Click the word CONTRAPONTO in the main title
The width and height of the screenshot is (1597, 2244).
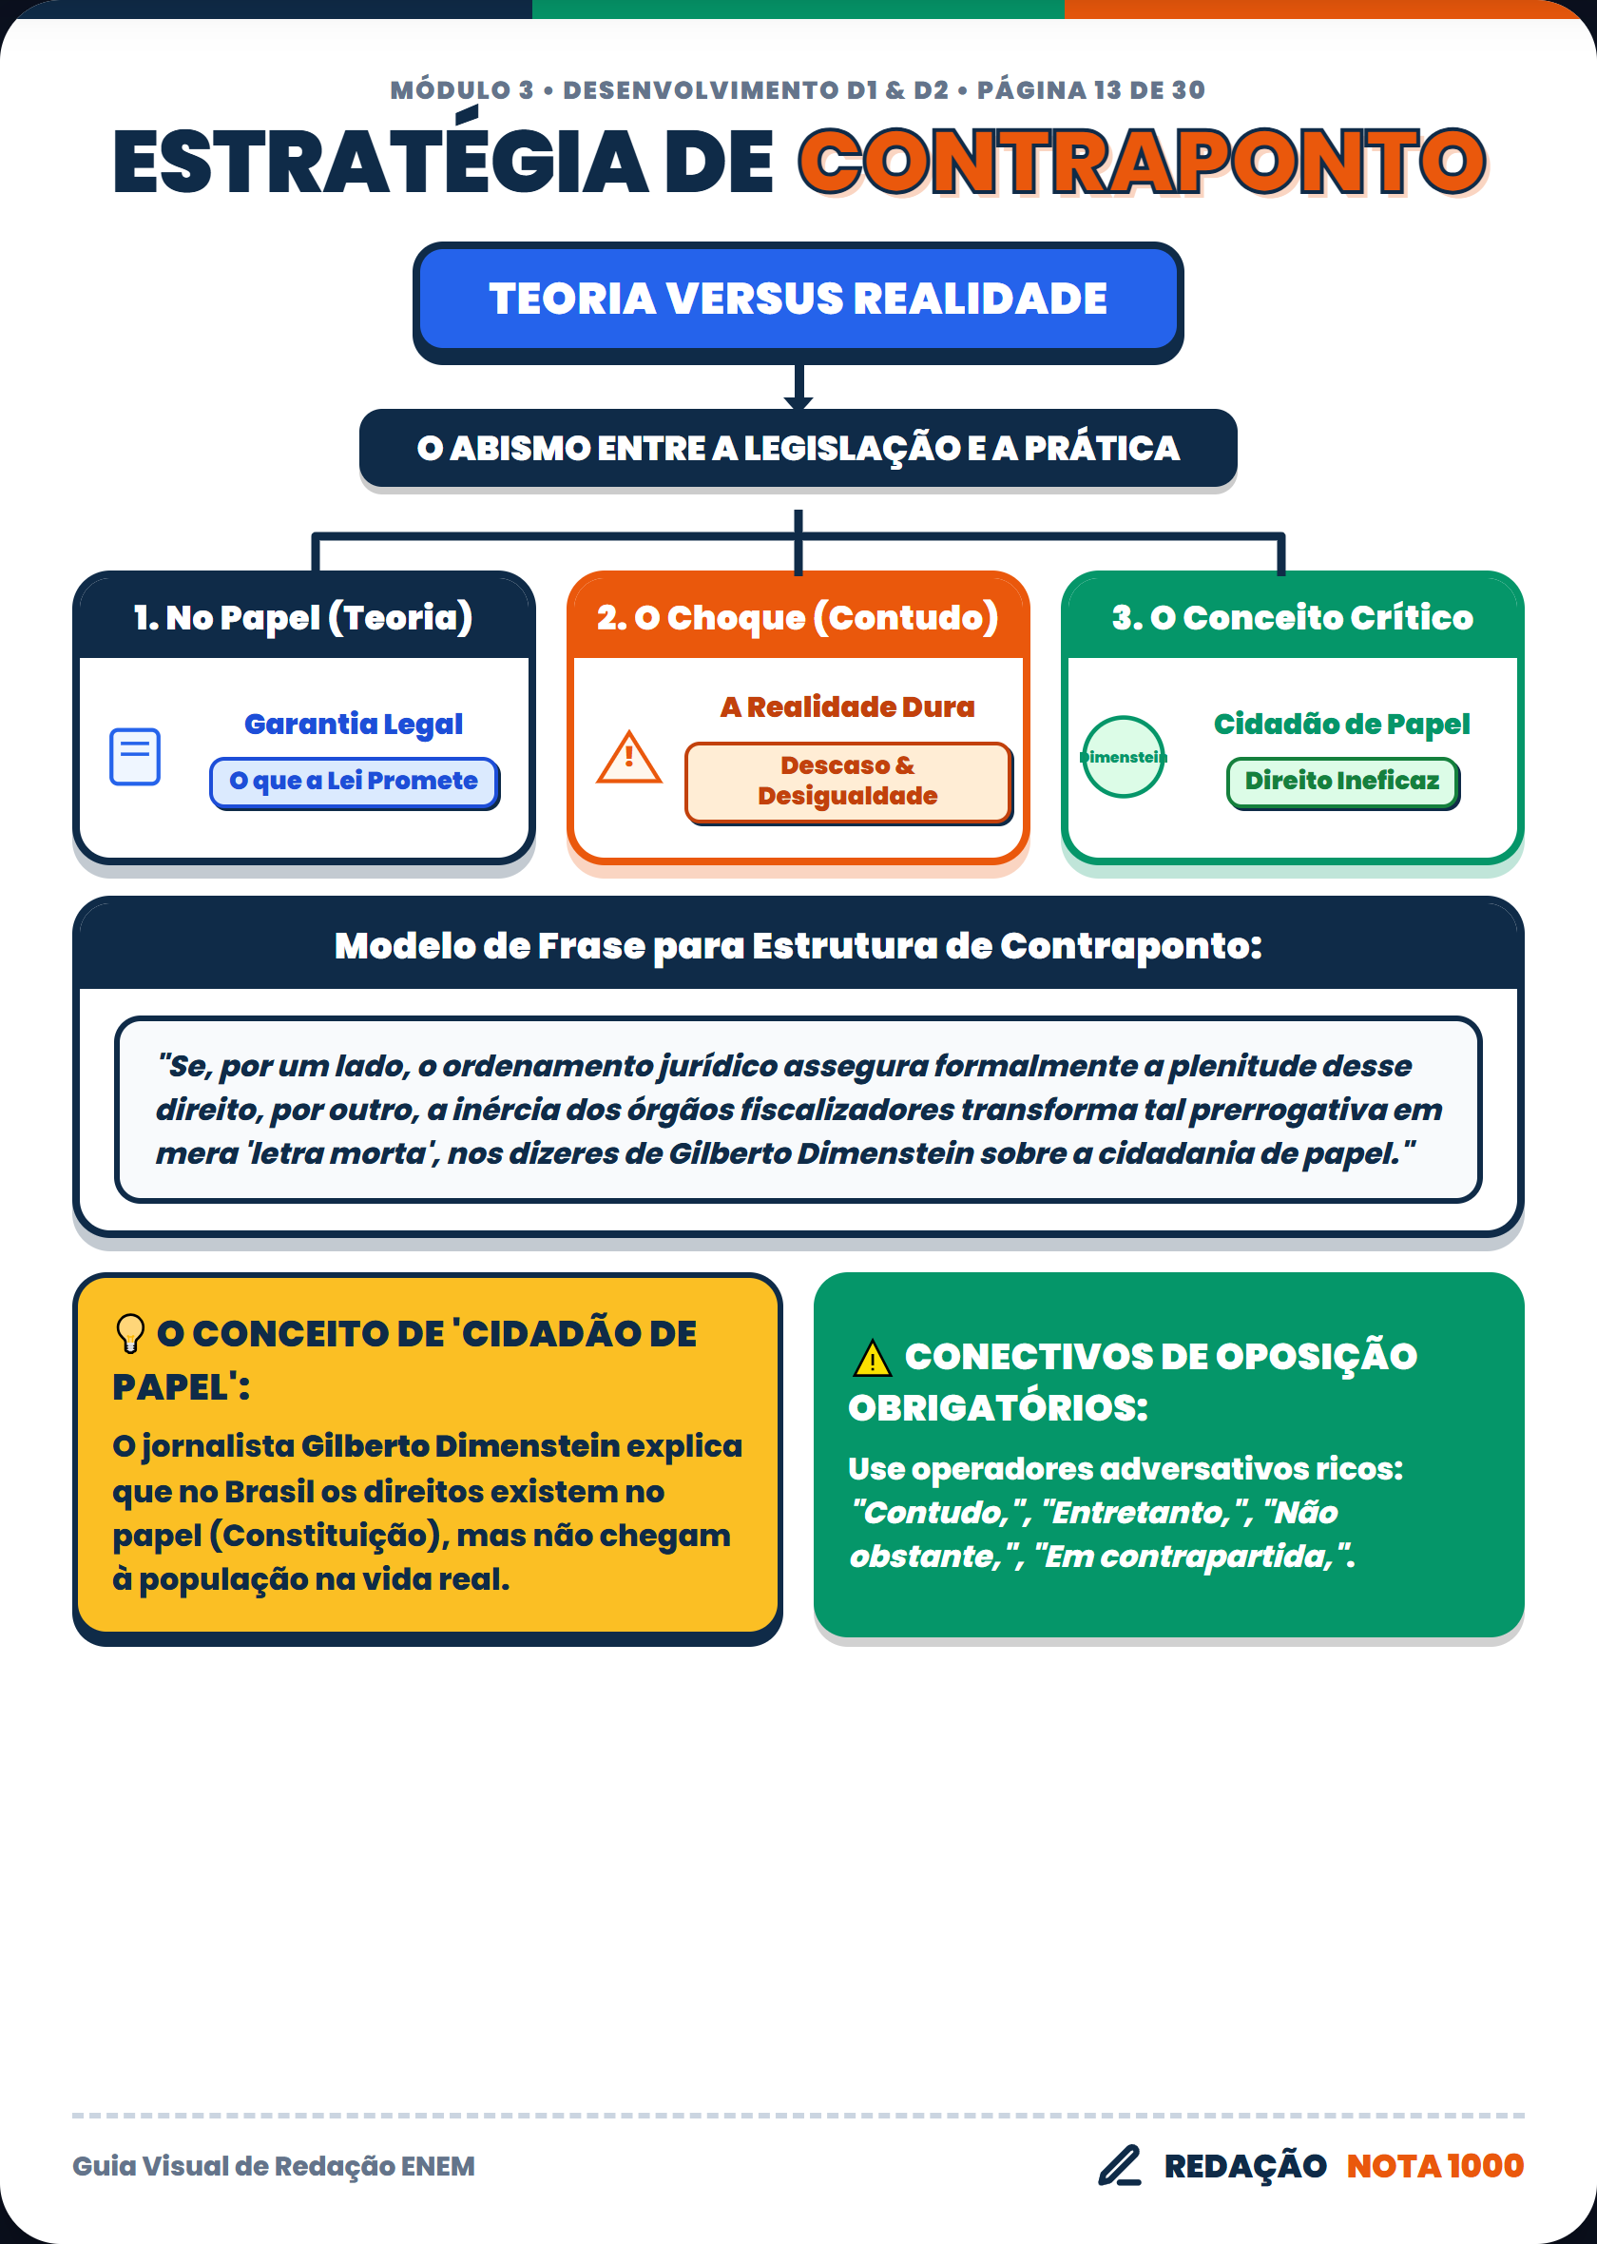pyautogui.click(x=1142, y=162)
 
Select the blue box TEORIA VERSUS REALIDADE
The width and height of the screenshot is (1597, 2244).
pyautogui.click(x=798, y=299)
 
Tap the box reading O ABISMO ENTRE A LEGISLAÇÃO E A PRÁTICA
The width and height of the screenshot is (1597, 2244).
pyautogui.click(x=798, y=449)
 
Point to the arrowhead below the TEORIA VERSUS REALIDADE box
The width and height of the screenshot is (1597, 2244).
pyautogui.click(x=798, y=402)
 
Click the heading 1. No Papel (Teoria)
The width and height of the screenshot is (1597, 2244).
pyautogui.click(x=304, y=617)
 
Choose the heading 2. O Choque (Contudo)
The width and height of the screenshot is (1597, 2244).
pyautogui.click(x=798, y=617)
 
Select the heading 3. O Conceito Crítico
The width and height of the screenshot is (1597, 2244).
pyautogui.click(x=1292, y=617)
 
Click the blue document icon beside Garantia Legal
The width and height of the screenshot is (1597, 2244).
pyautogui.click(x=135, y=756)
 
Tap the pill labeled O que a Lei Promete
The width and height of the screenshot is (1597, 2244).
pyautogui.click(x=354, y=782)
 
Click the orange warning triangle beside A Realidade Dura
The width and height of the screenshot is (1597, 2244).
pyautogui.click(x=629, y=757)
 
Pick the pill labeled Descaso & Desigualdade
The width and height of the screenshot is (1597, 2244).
pyautogui.click(x=848, y=782)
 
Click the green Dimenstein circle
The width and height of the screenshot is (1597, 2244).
pyautogui.click(x=1123, y=756)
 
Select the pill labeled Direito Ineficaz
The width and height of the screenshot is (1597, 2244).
pyautogui.click(x=1342, y=782)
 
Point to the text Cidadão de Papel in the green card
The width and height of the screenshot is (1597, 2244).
pyautogui.click(x=1342, y=725)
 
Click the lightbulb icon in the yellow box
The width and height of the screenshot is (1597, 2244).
pyautogui.click(x=130, y=1333)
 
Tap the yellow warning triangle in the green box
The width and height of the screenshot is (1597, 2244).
pyautogui.click(x=873, y=1358)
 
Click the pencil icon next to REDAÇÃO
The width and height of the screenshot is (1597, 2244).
pyautogui.click(x=1120, y=2165)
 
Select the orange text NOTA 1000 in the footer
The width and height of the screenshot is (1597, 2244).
pyautogui.click(x=1434, y=2165)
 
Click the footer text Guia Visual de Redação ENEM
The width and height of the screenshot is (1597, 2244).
pyautogui.click(x=274, y=2166)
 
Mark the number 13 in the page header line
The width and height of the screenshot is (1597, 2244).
pyautogui.click(x=1093, y=90)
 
